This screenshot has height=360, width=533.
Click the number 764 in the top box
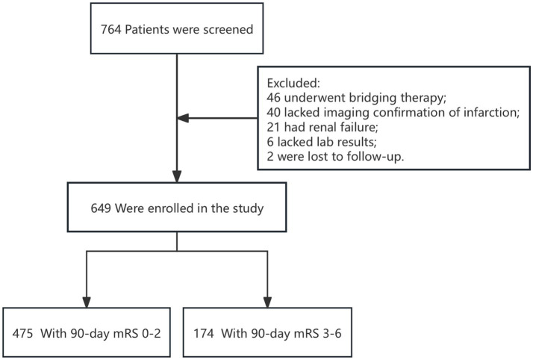(x=110, y=30)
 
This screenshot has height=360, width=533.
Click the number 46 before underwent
(x=274, y=98)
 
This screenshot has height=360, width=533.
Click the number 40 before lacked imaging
(x=274, y=113)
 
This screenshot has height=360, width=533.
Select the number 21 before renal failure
(x=274, y=127)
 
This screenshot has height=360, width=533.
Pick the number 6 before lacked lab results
(x=270, y=142)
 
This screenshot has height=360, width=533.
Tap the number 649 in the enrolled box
(x=101, y=208)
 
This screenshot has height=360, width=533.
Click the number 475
(x=23, y=333)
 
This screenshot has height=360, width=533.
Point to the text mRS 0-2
(x=137, y=333)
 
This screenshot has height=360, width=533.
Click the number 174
(x=204, y=333)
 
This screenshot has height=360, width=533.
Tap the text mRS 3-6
(x=317, y=333)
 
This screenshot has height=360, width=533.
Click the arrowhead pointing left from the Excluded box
(x=183, y=118)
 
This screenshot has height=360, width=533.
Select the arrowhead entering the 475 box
(x=87, y=302)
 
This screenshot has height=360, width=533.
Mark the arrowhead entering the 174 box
(x=267, y=302)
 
